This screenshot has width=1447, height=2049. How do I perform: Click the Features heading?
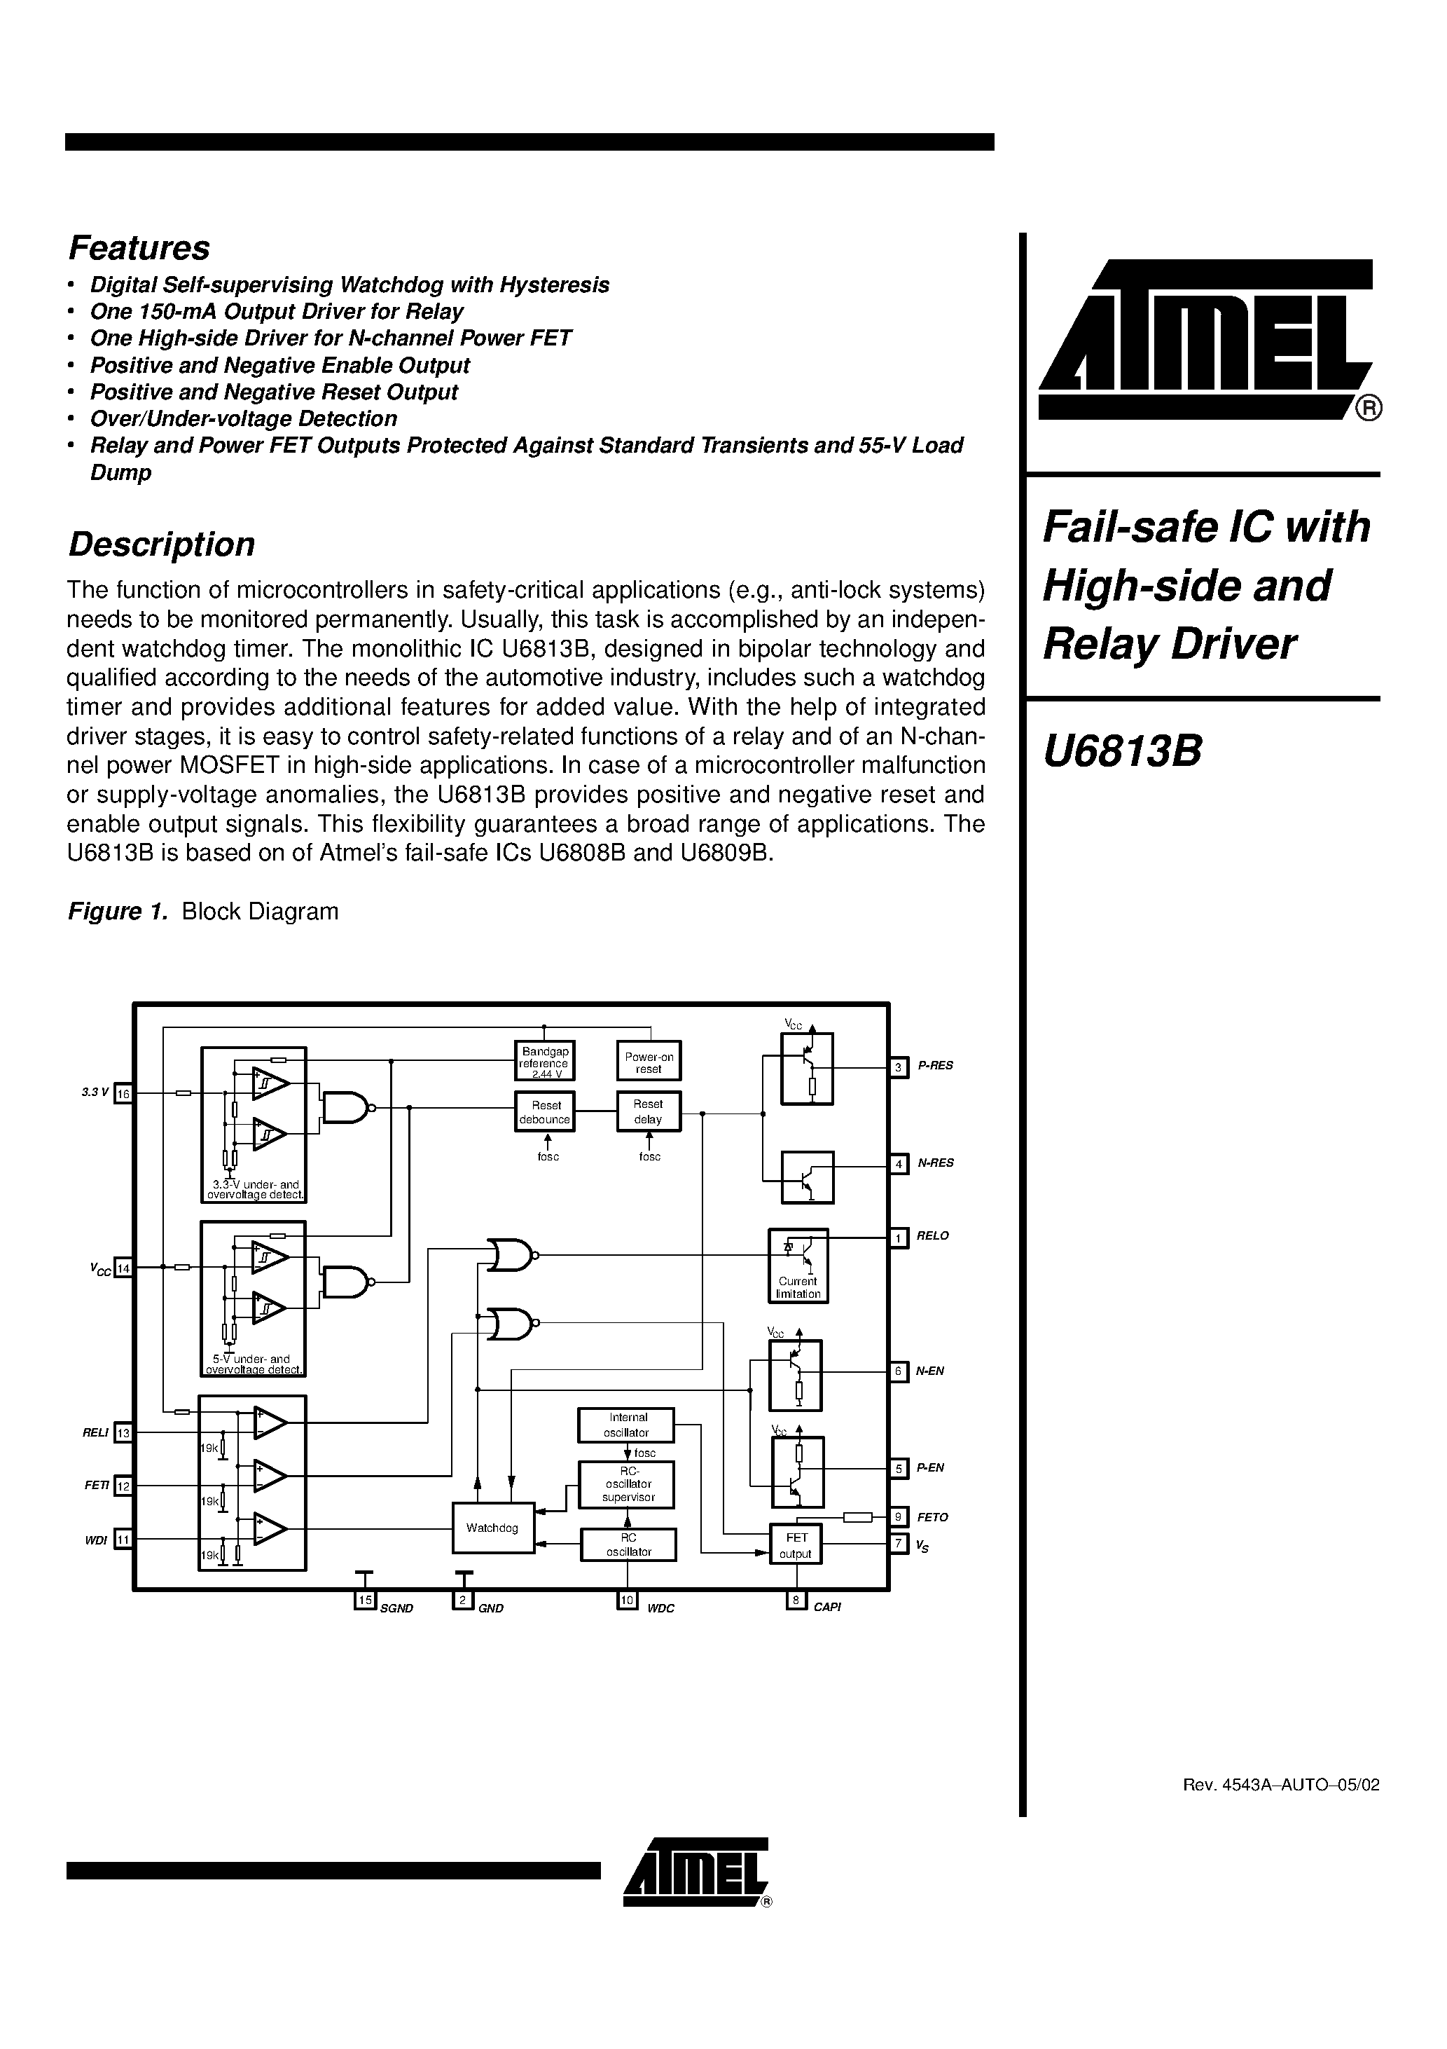pyautogui.click(x=139, y=248)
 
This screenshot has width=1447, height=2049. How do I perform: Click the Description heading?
pyautogui.click(x=162, y=544)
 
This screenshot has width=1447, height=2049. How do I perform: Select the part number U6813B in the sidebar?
pyautogui.click(x=1122, y=751)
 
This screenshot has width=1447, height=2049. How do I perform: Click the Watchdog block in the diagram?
pyautogui.click(x=492, y=1528)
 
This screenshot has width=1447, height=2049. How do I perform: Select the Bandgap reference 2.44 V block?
pyautogui.click(x=544, y=1062)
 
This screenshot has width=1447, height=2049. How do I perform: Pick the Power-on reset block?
pyautogui.click(x=649, y=1062)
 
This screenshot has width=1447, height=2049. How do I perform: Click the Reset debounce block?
pyautogui.click(x=544, y=1112)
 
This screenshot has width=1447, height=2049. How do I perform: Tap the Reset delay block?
pyautogui.click(x=649, y=1112)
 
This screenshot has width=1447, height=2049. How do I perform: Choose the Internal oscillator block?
pyautogui.click(x=626, y=1425)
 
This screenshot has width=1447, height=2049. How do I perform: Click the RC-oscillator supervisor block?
pyautogui.click(x=627, y=1483)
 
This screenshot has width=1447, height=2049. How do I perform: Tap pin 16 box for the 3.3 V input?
pyautogui.click(x=123, y=1093)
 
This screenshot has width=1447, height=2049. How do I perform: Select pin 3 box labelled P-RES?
pyautogui.click(x=899, y=1067)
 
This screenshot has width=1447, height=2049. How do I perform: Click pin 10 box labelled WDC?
pyautogui.click(x=627, y=1600)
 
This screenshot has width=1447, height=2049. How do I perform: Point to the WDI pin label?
pyautogui.click(x=95, y=1540)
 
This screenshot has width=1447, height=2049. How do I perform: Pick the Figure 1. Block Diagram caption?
pyautogui.click(x=203, y=911)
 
